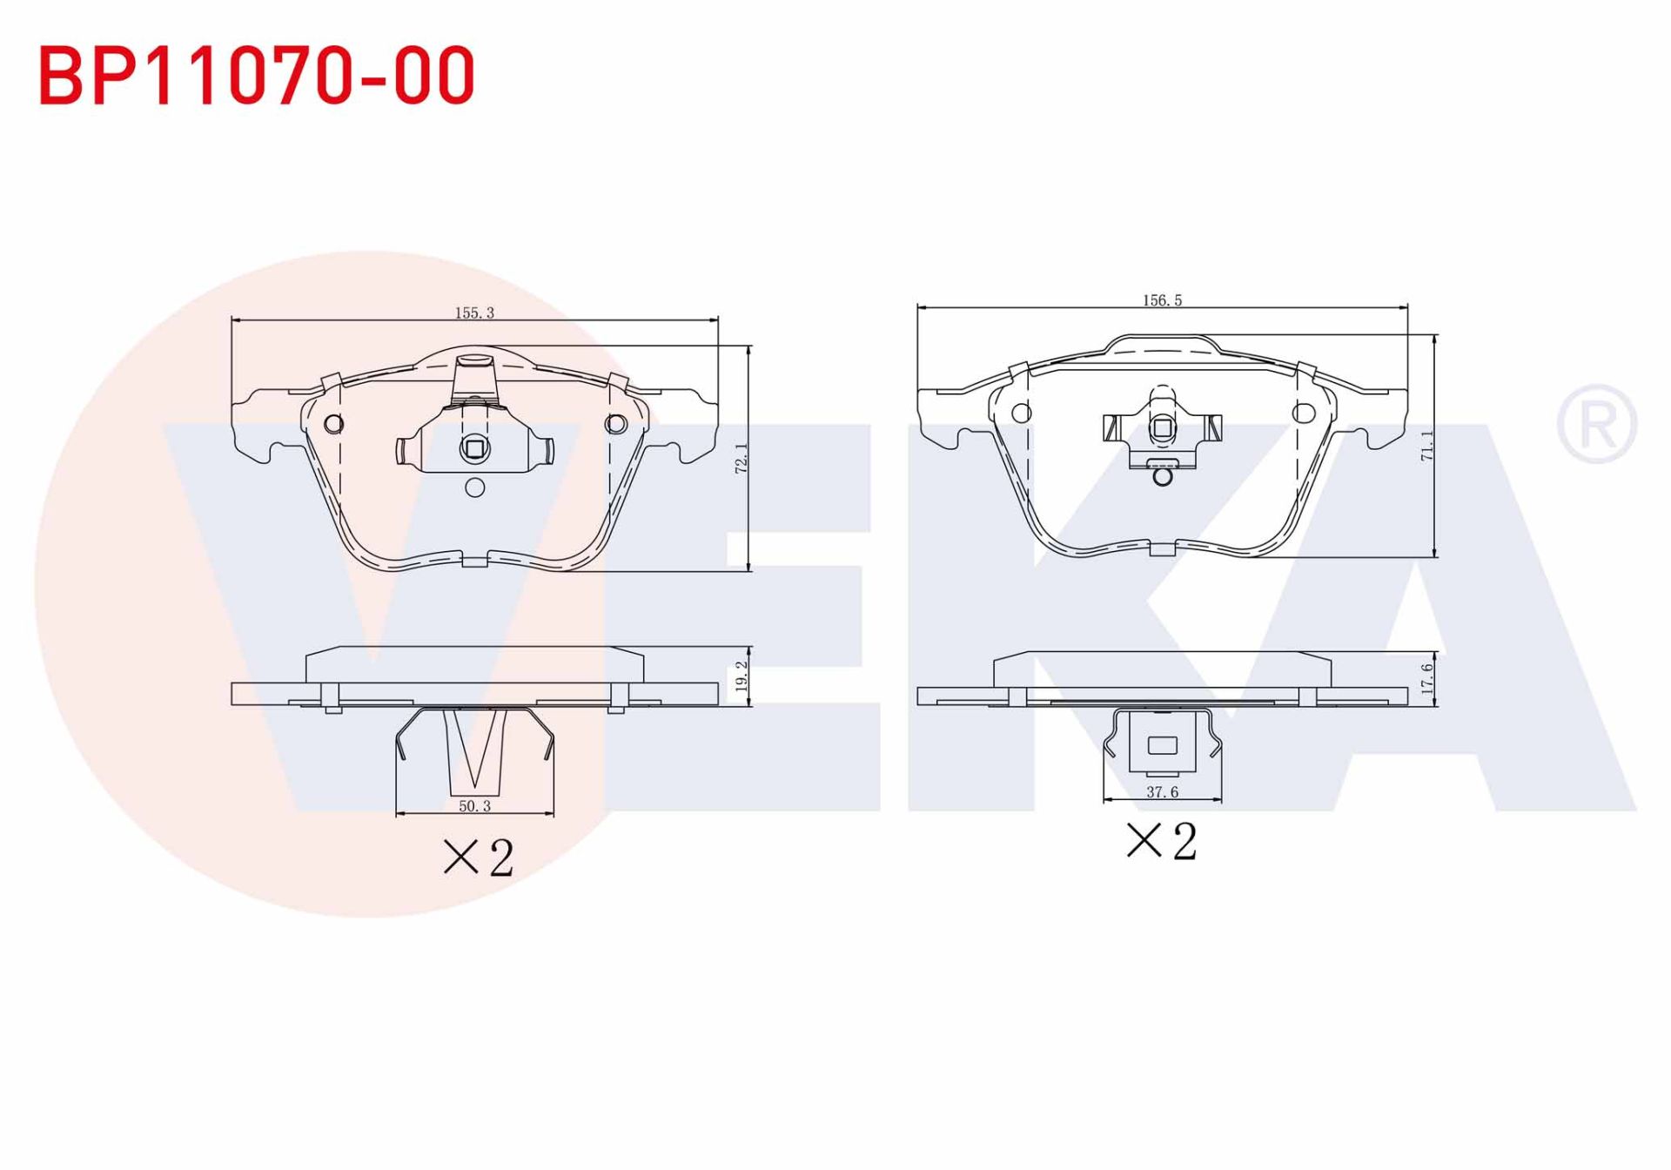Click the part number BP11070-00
(x=257, y=76)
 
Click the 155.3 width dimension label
(x=474, y=313)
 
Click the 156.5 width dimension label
(x=1162, y=300)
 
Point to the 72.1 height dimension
(x=742, y=458)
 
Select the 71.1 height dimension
(x=1427, y=446)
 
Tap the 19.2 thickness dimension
(x=742, y=676)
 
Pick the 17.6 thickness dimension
(x=1427, y=678)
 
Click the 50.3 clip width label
(x=474, y=806)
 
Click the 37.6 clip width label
(x=1162, y=792)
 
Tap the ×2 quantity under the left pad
(x=479, y=857)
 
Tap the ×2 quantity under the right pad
(x=1162, y=841)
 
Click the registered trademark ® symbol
(x=1596, y=425)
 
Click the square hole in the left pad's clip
(x=474, y=449)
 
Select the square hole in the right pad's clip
(x=1162, y=427)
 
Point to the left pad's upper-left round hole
(x=333, y=424)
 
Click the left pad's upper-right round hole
(x=615, y=424)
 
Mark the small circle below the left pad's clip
(x=474, y=487)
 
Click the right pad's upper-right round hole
(x=1303, y=413)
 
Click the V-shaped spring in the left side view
(x=474, y=749)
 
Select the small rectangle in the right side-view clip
(x=1162, y=745)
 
